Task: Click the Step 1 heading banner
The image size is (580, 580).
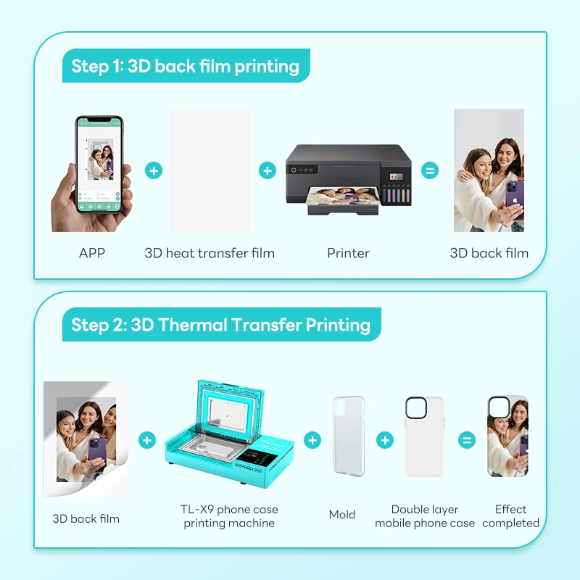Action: coord(185,66)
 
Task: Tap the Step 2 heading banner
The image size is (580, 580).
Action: coord(220,324)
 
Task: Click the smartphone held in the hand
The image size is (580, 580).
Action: coord(99,165)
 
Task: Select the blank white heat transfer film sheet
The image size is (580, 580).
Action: coord(210,170)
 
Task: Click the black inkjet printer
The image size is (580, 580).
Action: coord(347,178)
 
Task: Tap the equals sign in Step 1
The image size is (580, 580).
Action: coord(430,171)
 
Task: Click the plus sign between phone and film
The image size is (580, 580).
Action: coord(154,171)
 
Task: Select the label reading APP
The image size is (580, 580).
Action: coord(92,253)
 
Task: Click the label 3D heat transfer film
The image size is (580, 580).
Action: coord(210,253)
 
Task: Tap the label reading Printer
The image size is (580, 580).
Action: coord(348,253)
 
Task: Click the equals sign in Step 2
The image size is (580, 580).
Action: coord(468,440)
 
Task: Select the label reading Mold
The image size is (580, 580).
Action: coord(342,514)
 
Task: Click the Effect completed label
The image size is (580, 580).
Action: coord(510,515)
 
